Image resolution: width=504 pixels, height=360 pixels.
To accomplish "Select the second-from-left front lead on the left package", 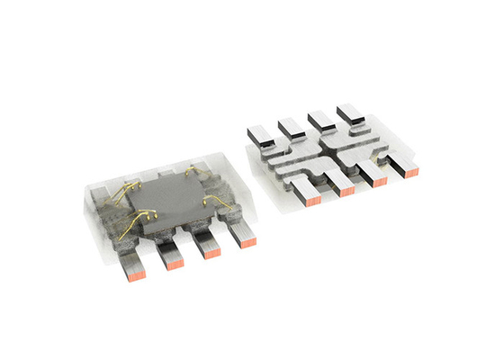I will tap(172, 254).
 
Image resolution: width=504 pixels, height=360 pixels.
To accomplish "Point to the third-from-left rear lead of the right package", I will tap(319, 118).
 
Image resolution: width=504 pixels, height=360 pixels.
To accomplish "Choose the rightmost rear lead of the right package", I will tap(348, 112).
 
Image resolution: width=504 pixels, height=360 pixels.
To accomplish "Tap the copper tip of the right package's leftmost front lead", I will tap(311, 200).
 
